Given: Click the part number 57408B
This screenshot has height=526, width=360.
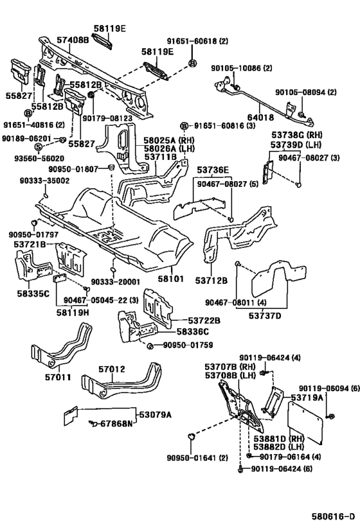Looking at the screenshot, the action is point(73,40).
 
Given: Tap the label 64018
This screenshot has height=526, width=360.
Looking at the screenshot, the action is point(260,118).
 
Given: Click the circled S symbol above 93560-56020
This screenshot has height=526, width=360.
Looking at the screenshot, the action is point(39,146).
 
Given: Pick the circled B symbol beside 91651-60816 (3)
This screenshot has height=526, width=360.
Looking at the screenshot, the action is point(184,126).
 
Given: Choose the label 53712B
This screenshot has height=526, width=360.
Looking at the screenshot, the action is point(212,281).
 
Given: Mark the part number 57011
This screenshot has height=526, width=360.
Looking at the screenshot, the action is point(58,377).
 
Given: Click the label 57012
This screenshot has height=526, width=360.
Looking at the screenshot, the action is point(111,369).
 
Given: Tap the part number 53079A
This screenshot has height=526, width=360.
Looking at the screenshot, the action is point(155,415).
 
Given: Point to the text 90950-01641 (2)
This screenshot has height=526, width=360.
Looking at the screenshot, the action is point(197,457).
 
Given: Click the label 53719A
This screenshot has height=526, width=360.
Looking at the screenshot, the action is point(307,398).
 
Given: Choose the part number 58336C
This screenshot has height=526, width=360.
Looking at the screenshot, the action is point(192,332).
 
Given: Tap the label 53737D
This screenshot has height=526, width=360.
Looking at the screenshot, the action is point(265,316).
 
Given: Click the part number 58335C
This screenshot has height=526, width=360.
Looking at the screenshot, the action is point(33,294).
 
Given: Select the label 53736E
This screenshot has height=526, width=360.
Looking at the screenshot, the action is point(213,170).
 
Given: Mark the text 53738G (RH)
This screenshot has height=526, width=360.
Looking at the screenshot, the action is point(297,135).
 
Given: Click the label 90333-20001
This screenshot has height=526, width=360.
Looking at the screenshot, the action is point(115,282).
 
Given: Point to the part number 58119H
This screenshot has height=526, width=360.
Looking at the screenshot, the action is point(72,313).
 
